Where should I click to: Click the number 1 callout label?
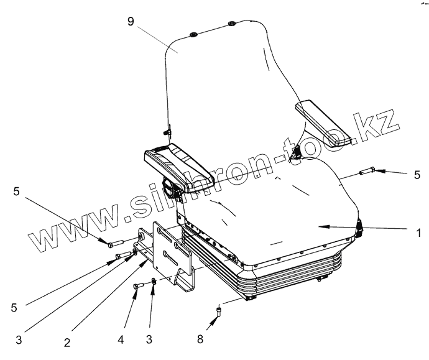419,234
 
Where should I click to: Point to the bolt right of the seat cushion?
364,170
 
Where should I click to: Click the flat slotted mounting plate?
168,252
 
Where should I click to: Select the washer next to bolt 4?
154,282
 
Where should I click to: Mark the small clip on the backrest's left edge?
166,132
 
